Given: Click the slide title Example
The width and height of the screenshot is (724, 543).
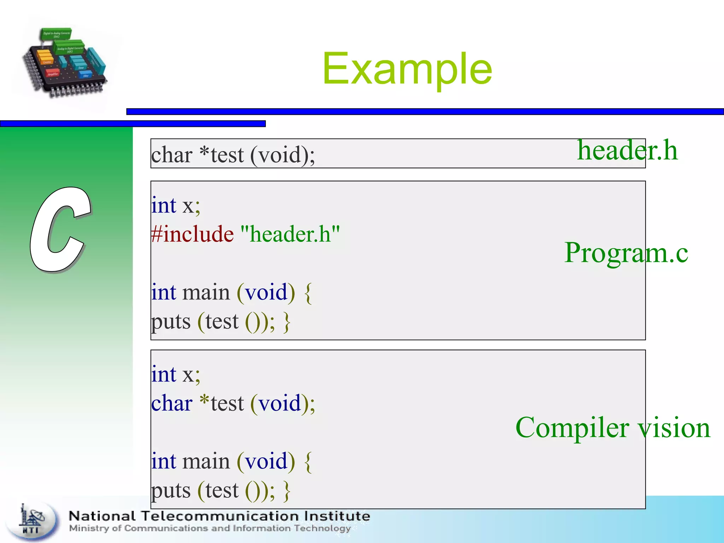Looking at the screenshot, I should pos(407,69).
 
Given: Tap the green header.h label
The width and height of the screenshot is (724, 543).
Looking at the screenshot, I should pos(627,150).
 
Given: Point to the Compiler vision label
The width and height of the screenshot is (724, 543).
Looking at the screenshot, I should pos(613,427).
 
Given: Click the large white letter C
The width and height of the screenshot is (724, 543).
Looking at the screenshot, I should pos(60,230).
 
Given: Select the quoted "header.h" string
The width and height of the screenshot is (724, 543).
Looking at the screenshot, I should pos(290,234).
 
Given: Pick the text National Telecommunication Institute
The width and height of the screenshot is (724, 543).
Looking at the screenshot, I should pos(219,516).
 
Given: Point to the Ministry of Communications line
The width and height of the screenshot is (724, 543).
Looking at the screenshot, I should pos(210,528).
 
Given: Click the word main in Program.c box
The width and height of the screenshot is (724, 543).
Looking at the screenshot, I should pos(206,293).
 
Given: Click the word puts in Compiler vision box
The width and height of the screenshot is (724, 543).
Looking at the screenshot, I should pos(171,491).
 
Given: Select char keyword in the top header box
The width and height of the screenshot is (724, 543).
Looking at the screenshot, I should pos(172,155).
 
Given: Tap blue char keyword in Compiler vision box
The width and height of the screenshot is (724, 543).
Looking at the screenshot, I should pos(172,403).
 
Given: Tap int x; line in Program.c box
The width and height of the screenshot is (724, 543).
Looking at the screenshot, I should pos(176,205).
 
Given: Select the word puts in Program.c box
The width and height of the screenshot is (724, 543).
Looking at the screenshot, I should pos(171,322).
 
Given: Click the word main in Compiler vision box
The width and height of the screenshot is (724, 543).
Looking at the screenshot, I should pos(206,462).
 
